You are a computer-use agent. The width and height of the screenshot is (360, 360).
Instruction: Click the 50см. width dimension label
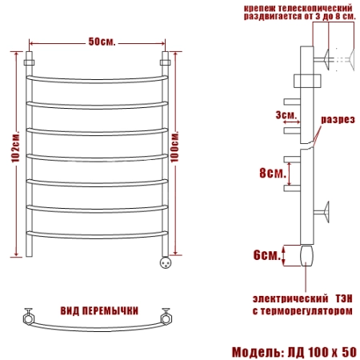102,42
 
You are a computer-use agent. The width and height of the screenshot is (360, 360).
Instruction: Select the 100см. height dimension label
174,146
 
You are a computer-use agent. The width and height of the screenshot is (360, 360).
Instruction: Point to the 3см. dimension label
286,115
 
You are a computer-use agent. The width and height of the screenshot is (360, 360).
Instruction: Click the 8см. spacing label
273,173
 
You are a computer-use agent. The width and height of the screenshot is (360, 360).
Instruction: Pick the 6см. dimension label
267,255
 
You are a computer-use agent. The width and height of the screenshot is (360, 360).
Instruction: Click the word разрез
338,119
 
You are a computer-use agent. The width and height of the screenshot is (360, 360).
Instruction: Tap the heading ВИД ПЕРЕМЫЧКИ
99,310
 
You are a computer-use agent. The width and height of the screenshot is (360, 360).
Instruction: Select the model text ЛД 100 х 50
322,352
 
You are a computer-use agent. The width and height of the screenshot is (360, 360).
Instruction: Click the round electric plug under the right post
166,262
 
